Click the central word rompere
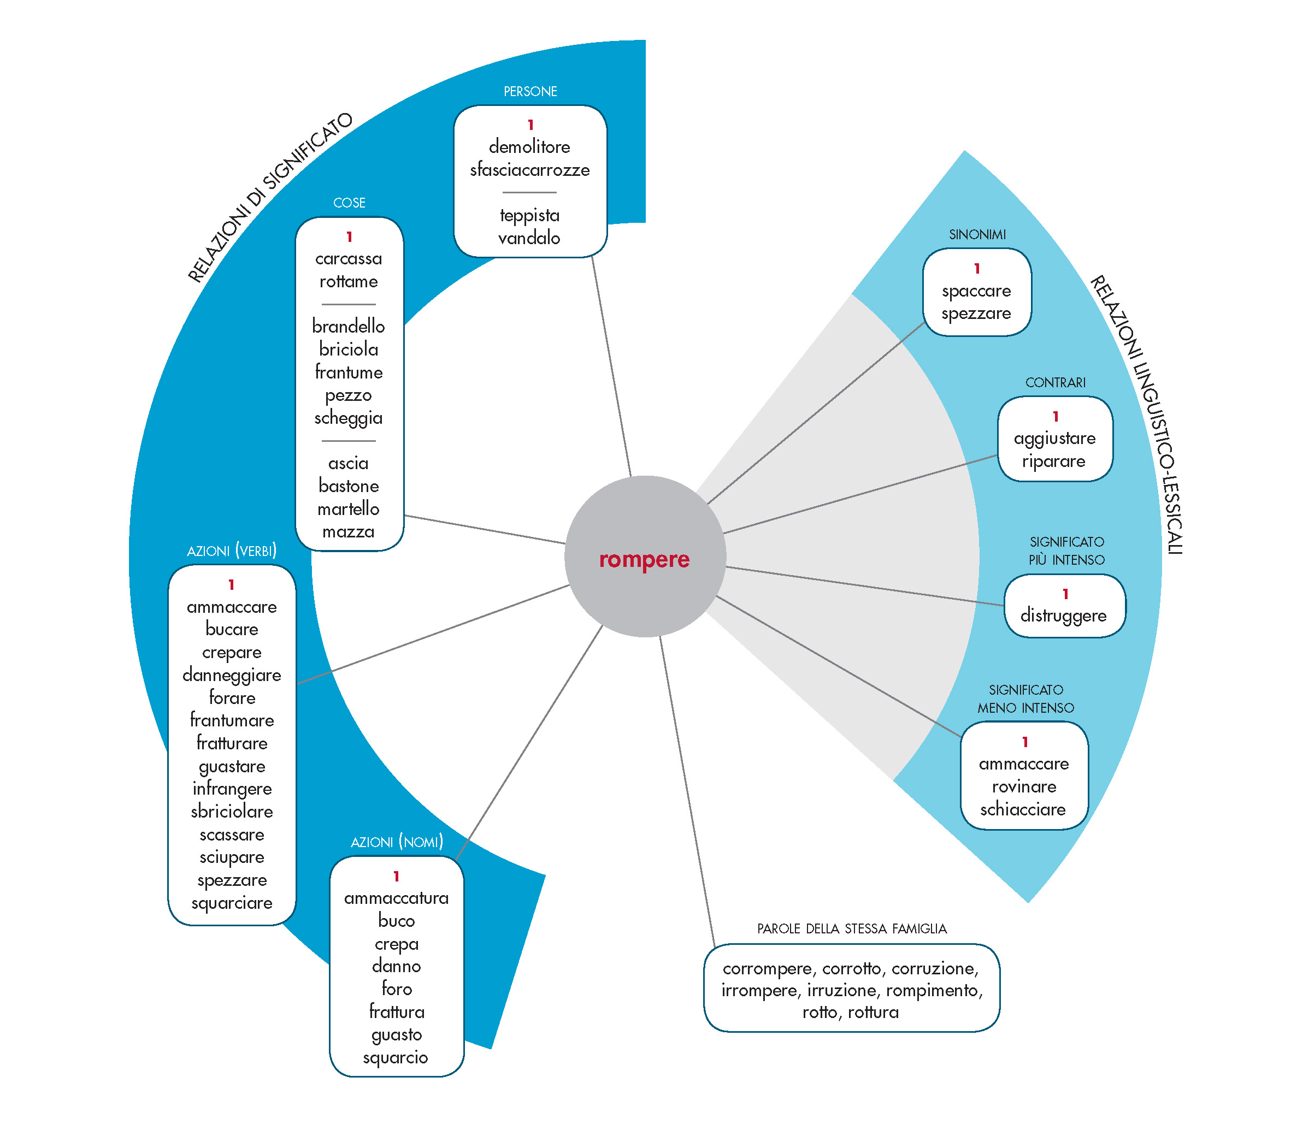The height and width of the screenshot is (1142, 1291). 644,559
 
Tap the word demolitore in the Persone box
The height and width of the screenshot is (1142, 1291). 529,146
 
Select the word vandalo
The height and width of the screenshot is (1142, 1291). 529,238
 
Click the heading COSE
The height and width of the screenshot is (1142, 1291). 349,203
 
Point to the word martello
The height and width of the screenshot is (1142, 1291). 348,509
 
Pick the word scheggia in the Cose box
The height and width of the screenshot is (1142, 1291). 348,418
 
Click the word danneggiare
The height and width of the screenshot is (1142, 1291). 232,675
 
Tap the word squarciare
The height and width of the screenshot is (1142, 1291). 232,903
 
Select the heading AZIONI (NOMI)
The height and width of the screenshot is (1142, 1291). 397,842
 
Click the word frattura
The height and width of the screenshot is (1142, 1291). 397,1012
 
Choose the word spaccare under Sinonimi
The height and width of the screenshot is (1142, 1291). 976,291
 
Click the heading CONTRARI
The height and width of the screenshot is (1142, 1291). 1056,382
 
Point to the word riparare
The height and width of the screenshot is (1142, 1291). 1053,461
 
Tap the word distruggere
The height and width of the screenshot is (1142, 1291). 1064,616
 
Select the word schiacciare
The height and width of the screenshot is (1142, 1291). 1023,809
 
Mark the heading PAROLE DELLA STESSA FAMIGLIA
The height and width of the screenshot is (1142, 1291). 852,928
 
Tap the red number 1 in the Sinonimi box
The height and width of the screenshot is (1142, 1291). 977,268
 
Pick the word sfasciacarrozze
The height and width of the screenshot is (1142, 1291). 529,170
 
